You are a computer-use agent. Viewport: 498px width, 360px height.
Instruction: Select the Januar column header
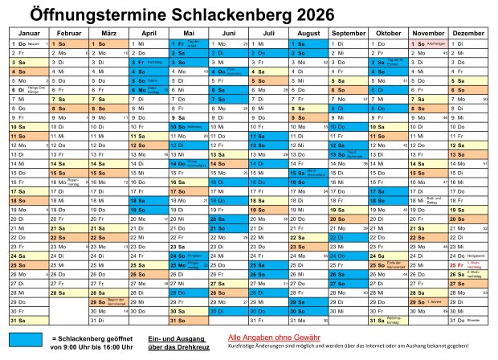coord(28,32)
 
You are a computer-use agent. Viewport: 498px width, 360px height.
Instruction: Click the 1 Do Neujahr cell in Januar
coord(28,43)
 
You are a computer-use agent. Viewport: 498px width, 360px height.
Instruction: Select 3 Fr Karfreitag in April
coord(149,62)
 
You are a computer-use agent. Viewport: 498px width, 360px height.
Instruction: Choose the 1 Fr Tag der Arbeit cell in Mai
coord(188,43)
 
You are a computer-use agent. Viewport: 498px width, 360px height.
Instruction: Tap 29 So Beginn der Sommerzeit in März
coord(108,301)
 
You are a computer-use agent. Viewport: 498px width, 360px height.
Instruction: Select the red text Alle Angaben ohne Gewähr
coord(273,337)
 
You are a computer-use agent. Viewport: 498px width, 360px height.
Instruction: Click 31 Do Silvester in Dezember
coord(467,320)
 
